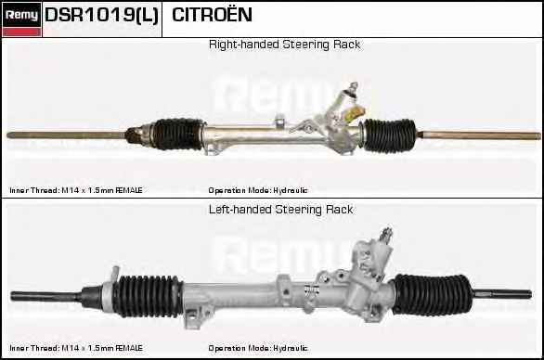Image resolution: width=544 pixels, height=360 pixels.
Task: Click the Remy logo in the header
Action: click(x=21, y=19)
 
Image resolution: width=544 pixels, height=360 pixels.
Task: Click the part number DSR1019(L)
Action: click(x=102, y=15)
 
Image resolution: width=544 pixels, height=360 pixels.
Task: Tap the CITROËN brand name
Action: click(x=212, y=14)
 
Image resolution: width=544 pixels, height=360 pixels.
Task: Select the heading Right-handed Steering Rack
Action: click(x=284, y=45)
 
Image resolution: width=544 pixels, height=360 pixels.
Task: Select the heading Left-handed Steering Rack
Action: click(x=281, y=210)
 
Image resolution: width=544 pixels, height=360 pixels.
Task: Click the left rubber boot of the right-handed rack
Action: click(x=177, y=135)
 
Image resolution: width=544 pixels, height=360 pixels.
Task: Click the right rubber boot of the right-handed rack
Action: click(x=390, y=135)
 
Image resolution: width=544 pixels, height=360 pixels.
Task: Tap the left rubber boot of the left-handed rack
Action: click(x=149, y=296)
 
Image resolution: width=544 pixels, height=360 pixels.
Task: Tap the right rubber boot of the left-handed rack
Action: click(x=432, y=294)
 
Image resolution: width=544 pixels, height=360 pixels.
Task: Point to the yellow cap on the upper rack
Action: click(x=355, y=112)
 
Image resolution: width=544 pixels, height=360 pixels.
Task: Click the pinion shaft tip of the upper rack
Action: click(x=353, y=85)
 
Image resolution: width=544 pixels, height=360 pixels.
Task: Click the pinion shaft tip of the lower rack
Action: click(x=386, y=233)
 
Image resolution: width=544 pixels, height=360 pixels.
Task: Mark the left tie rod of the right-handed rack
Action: click(x=66, y=135)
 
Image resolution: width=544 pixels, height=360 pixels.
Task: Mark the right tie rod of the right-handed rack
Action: click(x=479, y=135)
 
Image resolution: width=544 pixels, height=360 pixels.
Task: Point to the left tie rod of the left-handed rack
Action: click(x=46, y=296)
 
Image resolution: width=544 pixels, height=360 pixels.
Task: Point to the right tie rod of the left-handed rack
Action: click(x=502, y=294)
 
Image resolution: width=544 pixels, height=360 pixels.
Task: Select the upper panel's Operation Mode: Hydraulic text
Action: click(x=258, y=190)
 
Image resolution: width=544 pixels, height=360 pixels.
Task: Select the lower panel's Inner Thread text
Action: click(x=76, y=348)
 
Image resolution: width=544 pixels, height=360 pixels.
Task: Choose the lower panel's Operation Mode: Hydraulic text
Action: click(x=258, y=348)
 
